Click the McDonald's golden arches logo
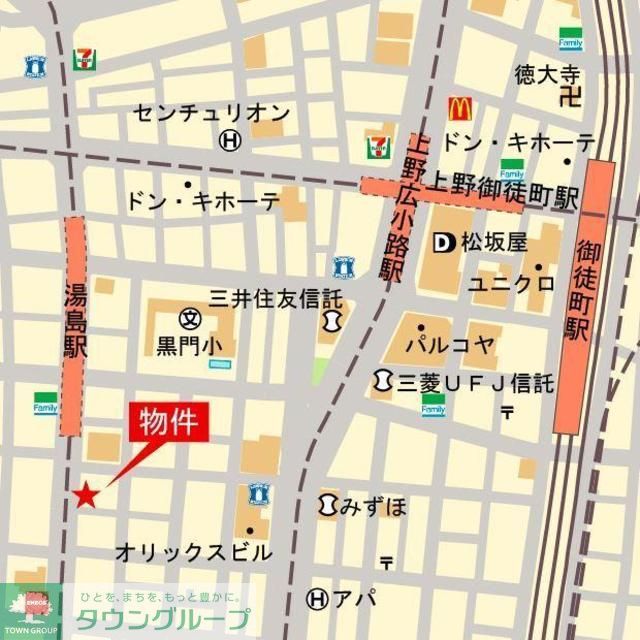[459, 108]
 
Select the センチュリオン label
[211, 113]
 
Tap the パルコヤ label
[449, 345]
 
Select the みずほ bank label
[374, 506]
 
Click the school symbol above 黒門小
[189, 319]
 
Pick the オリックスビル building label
[193, 552]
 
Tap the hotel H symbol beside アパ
[318, 599]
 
